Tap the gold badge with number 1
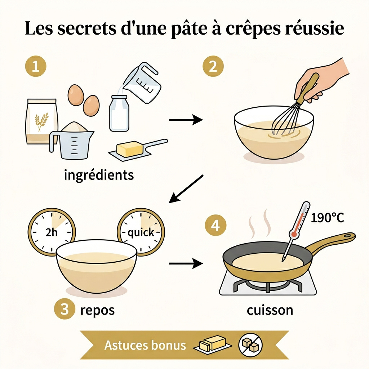[x=35, y=67]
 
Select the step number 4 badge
[x=215, y=226]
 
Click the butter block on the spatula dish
[x=129, y=148]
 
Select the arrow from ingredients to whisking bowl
[x=186, y=120]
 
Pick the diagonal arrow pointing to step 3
[x=187, y=188]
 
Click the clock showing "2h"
[x=52, y=232]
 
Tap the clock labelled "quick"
[x=141, y=232]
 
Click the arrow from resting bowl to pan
[x=186, y=264]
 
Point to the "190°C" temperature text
[x=327, y=218]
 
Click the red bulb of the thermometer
[x=294, y=234]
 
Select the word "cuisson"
[x=270, y=310]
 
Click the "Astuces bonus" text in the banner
[x=145, y=345]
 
